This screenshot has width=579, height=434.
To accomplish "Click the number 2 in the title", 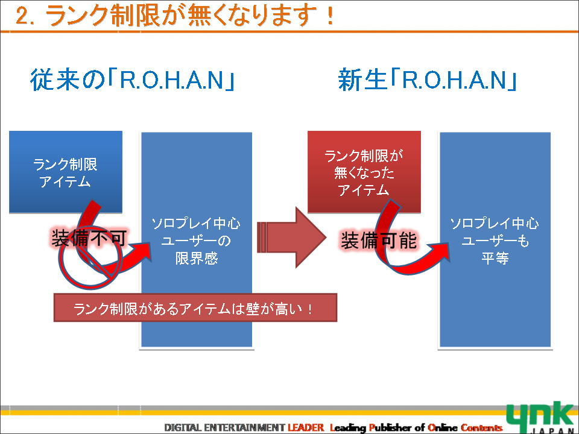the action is coord(23,17).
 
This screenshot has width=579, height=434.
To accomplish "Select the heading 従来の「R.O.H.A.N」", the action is coord(132,80).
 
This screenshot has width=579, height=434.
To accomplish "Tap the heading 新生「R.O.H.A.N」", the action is coord(427,80).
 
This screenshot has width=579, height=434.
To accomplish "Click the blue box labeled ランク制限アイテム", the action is coord(66,172).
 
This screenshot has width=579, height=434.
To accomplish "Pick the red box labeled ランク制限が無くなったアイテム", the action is coord(364,172).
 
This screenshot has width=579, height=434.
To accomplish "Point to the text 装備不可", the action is coord(89,239).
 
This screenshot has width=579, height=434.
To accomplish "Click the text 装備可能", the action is coord(379,241).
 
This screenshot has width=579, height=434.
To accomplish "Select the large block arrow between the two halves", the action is coord(292,237).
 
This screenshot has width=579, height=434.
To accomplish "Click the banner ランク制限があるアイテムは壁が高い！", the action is coord(195,308).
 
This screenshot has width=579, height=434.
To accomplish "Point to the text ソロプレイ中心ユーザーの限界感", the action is coord(196,241).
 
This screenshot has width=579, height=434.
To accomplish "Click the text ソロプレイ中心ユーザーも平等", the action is coord(495,241).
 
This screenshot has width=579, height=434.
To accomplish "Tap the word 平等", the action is coord(495,257).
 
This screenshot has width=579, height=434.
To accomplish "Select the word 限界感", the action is coord(197,258).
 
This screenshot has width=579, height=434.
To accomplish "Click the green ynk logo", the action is coord(540,417).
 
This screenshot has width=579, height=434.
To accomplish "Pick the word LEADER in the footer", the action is coord(306,427).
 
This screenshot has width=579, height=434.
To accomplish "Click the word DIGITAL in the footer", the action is coord(183,427).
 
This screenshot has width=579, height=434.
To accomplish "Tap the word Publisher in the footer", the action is coord(391,428).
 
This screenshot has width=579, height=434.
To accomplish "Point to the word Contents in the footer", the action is coord(481,427).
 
